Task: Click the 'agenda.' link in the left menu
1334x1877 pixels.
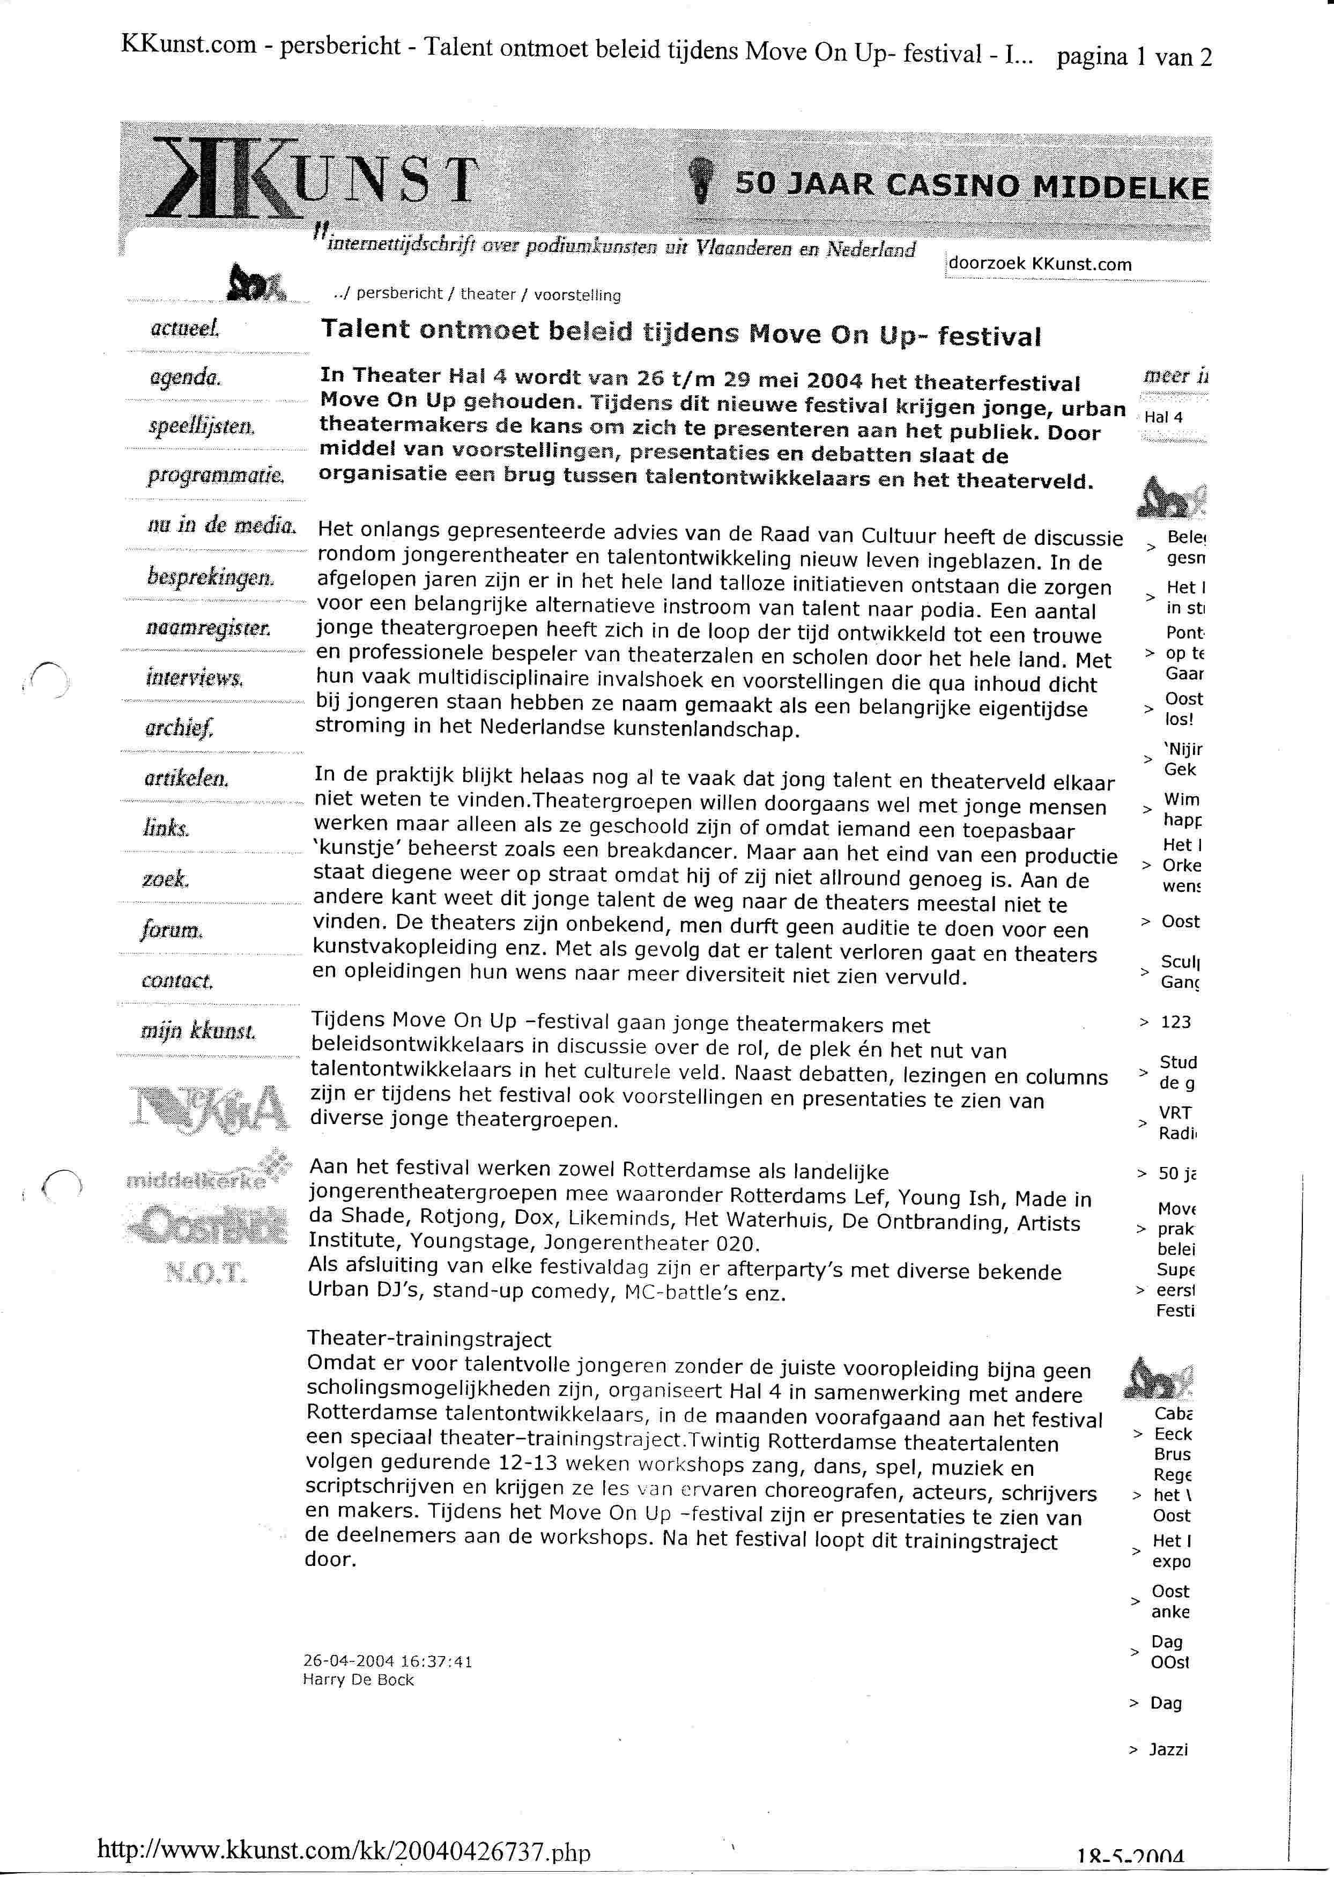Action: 185,378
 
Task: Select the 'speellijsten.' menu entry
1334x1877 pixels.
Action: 201,426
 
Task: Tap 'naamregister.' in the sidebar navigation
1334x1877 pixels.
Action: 208,629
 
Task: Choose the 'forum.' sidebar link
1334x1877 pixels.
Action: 172,930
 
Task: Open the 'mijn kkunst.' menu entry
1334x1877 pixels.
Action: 198,1031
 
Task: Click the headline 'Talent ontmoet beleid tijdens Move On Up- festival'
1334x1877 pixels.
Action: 680,332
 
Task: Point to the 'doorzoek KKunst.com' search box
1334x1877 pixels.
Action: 1039,264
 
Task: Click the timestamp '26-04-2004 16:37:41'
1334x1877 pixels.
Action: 388,1661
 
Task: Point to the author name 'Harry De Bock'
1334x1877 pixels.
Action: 358,1680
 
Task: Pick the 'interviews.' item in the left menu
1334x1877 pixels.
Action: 195,678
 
